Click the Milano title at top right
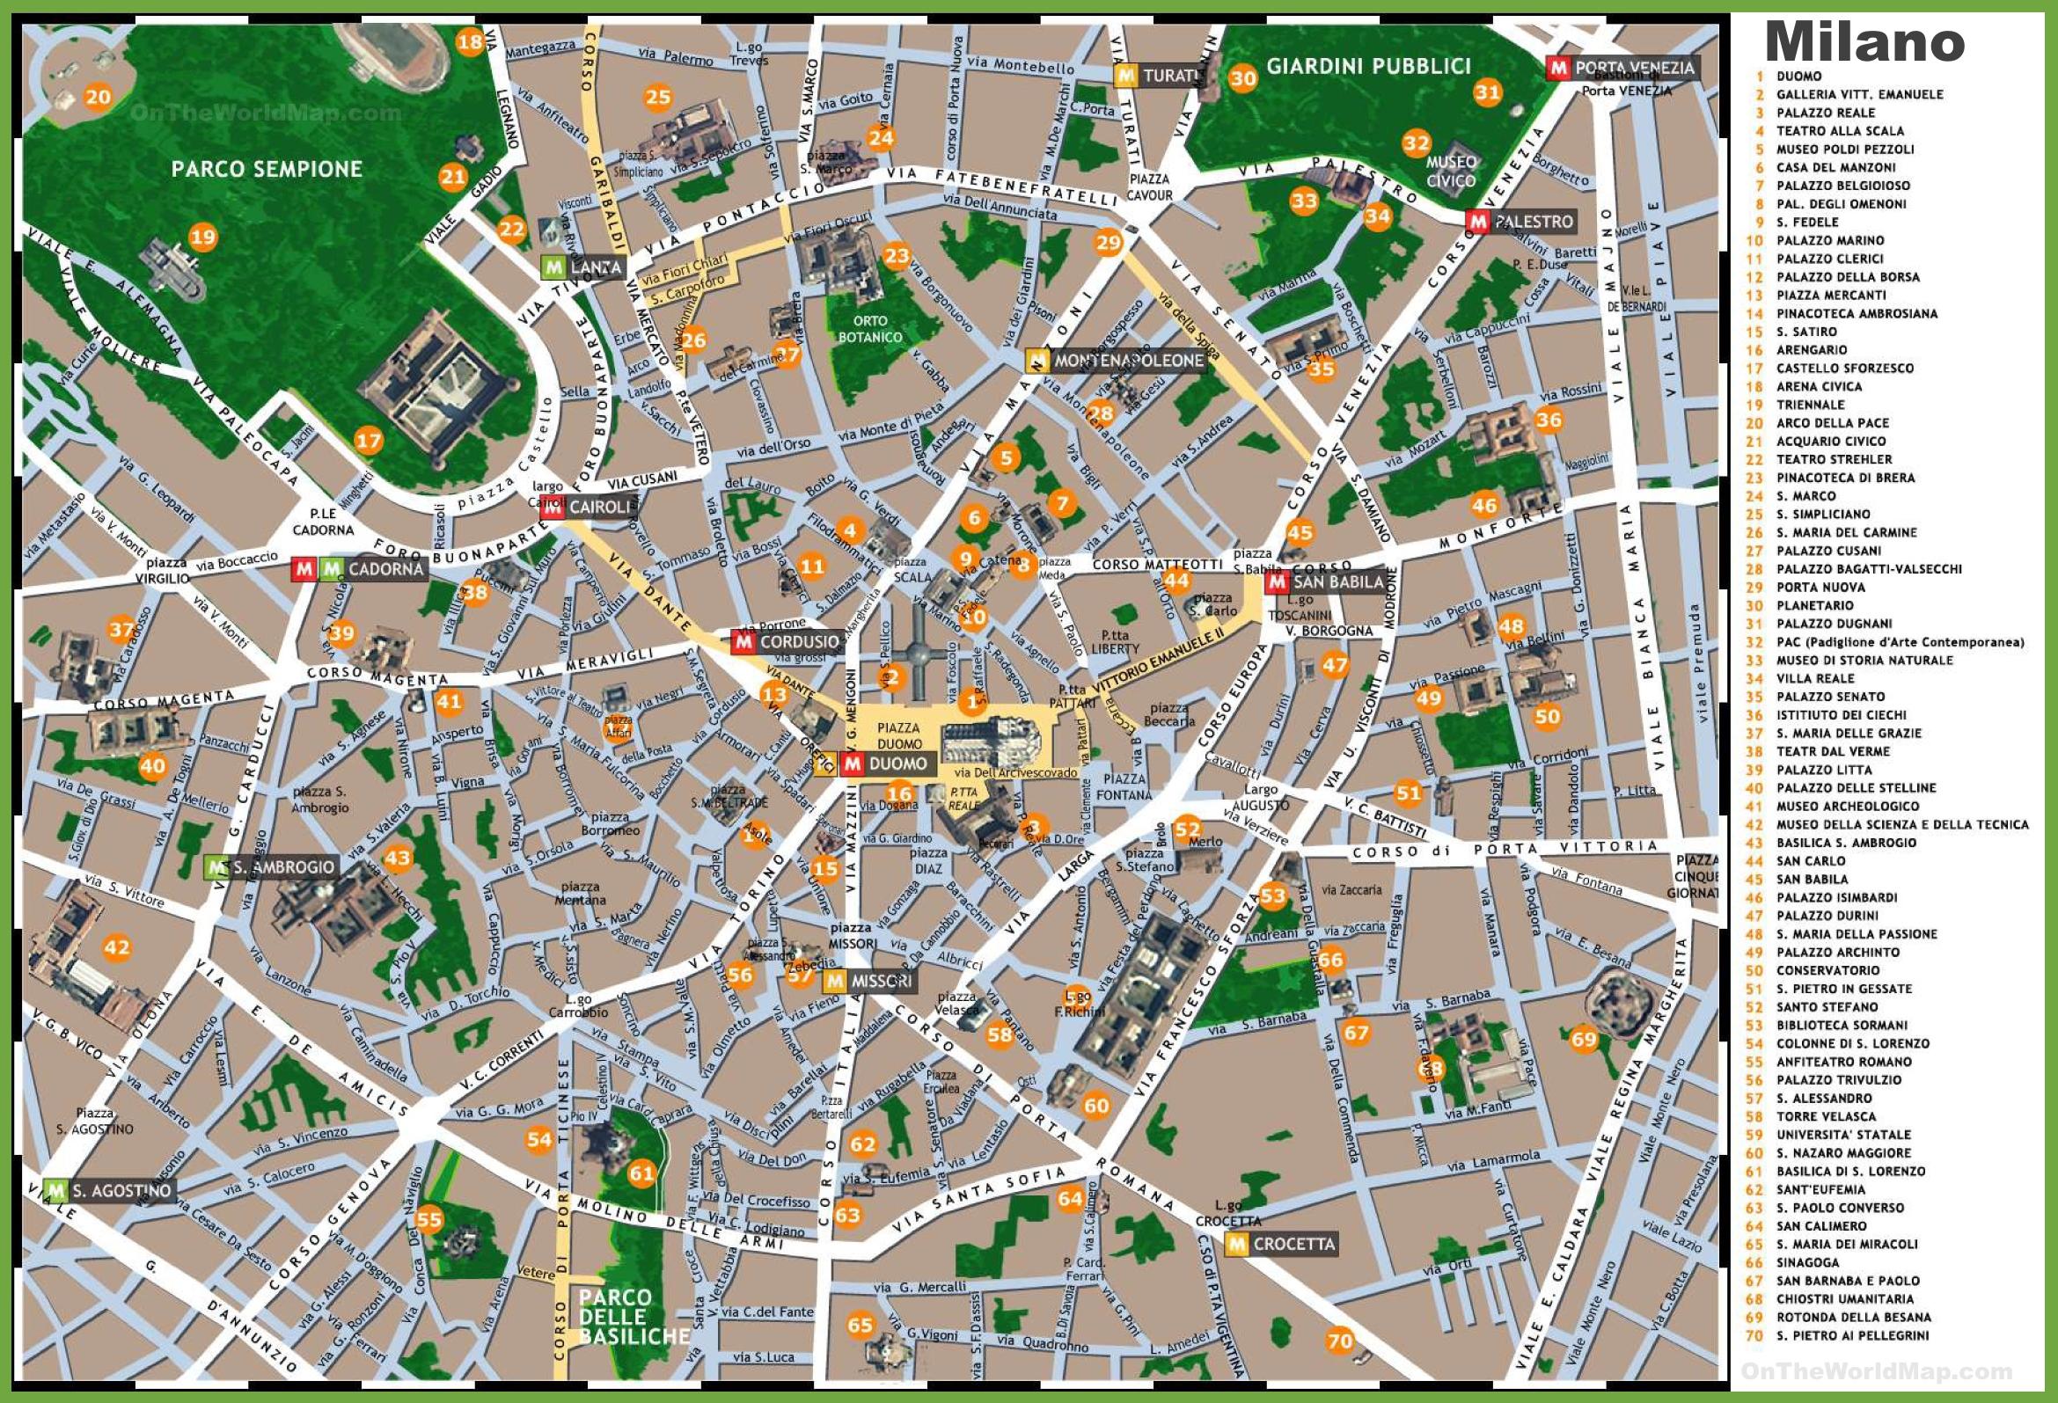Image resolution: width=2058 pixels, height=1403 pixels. (x=1864, y=40)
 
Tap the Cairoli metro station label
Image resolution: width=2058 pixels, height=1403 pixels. (x=598, y=508)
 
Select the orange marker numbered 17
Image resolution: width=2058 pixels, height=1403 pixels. (x=369, y=440)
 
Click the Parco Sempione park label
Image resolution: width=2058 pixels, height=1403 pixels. (x=267, y=169)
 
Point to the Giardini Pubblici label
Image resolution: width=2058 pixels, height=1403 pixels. (x=1367, y=65)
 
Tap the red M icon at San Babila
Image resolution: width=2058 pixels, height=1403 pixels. (x=1276, y=582)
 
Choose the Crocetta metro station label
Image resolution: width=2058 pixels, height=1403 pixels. (x=1293, y=1244)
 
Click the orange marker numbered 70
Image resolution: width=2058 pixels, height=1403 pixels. (x=1340, y=1341)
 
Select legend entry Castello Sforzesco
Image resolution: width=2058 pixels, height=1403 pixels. (x=1843, y=369)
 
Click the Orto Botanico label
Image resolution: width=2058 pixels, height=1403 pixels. (x=869, y=328)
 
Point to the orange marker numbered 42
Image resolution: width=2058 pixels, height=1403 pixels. (x=117, y=948)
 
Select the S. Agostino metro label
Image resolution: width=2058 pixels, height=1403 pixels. (x=121, y=1190)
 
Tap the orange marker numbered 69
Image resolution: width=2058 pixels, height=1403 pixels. (x=1584, y=1039)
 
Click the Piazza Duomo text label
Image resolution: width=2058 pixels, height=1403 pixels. (x=899, y=735)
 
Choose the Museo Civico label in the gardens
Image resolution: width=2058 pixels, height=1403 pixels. (x=1451, y=171)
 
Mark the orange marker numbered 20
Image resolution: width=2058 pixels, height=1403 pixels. (x=98, y=97)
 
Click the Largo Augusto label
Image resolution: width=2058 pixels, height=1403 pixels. (x=1260, y=798)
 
